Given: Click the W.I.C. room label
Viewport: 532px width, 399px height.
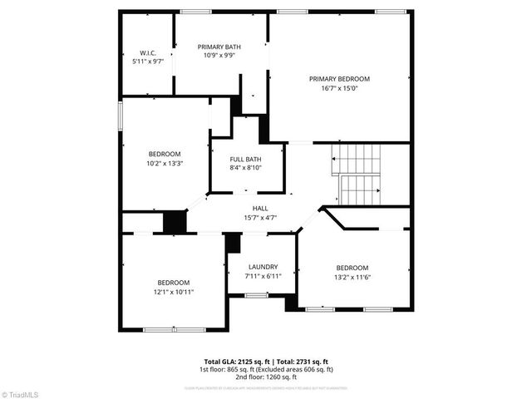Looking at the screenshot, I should click(147, 52).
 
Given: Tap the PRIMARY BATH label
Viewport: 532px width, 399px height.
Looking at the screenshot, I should click(219, 47).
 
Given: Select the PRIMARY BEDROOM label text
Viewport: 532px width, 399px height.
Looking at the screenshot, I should click(339, 79).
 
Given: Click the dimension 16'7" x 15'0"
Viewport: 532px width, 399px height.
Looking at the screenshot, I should click(339, 89).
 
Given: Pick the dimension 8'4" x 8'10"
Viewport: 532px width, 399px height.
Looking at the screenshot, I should click(245, 169).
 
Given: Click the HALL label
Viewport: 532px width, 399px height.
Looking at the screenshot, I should click(260, 209).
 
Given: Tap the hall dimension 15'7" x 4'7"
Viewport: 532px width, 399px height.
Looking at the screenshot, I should click(260, 218).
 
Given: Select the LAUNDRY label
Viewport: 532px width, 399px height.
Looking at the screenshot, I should click(263, 267).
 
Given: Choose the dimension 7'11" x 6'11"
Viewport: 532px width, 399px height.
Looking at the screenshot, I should click(263, 276).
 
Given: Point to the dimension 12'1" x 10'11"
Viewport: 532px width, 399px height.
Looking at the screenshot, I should click(174, 293).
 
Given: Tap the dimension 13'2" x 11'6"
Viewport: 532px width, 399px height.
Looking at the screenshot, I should click(352, 277).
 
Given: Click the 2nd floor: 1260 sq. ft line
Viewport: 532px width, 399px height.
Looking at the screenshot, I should click(265, 377).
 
